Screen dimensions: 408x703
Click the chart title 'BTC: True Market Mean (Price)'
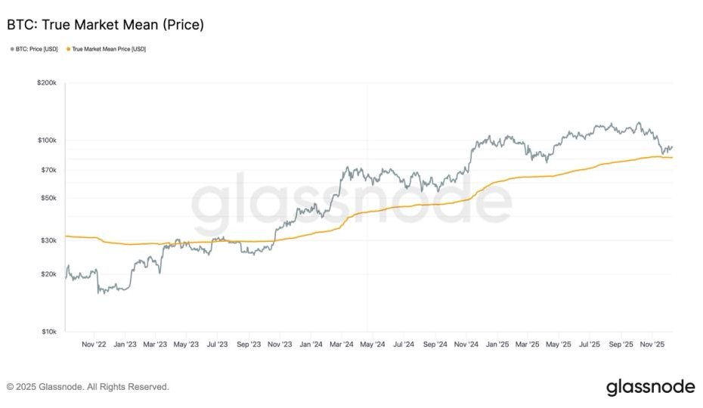(105, 25)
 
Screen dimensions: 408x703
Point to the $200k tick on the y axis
(46, 82)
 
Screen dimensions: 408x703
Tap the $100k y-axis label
(46, 141)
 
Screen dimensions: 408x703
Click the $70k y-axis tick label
(48, 170)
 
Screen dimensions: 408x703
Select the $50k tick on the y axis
(48, 198)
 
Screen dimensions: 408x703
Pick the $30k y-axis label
(48, 240)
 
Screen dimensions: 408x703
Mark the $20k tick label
(48, 274)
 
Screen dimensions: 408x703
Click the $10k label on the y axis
(48, 332)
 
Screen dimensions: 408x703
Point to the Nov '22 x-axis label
(94, 344)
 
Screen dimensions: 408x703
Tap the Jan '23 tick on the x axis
(125, 344)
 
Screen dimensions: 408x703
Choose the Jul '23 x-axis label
(217, 344)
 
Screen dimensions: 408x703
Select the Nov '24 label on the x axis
(466, 344)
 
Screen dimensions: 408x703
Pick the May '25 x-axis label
(559, 344)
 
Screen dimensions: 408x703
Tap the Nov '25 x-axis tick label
(652, 344)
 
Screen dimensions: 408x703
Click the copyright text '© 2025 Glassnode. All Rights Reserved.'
(88, 387)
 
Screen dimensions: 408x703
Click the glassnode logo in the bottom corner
(650, 387)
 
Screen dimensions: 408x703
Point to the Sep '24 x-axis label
(435, 344)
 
